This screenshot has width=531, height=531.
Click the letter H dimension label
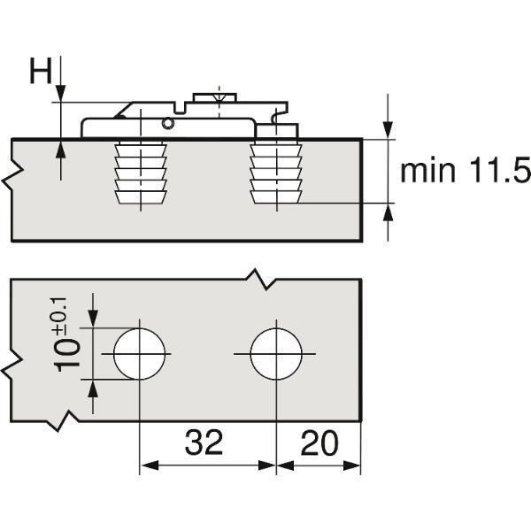[x=41, y=71]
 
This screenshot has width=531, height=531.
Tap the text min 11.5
[x=466, y=172]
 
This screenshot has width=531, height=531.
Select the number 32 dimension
[x=204, y=442]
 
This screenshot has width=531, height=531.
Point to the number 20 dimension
[x=319, y=442]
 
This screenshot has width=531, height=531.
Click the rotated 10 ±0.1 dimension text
[x=66, y=335]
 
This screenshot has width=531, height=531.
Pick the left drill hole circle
[x=140, y=354]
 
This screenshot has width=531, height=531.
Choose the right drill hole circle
[x=276, y=354]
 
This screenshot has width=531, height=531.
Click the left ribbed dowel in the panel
[x=141, y=173]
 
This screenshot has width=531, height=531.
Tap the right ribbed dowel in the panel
[x=275, y=173]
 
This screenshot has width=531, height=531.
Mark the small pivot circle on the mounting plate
[x=167, y=124]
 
